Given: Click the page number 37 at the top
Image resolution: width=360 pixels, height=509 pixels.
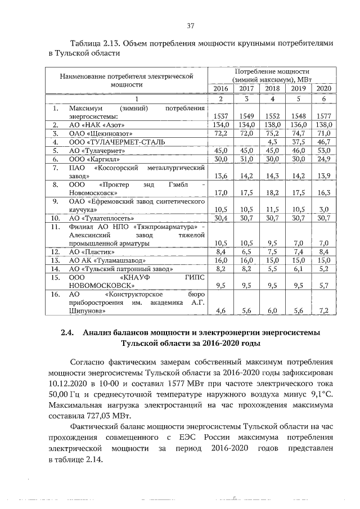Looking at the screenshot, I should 190,25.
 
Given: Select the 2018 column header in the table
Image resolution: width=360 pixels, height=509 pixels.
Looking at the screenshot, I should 272,89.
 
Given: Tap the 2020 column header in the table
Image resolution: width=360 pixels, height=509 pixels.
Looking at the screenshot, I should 323,89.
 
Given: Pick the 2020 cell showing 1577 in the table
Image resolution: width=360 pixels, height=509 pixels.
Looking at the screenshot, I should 323,115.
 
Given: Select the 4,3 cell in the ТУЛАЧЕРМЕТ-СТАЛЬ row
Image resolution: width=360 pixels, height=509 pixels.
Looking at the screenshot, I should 272,142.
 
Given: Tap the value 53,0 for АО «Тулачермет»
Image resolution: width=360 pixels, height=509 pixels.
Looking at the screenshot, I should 324,151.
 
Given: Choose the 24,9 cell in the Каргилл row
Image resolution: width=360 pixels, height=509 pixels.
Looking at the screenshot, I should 324,160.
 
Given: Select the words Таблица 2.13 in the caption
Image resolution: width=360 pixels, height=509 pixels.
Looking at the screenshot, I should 93,43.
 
